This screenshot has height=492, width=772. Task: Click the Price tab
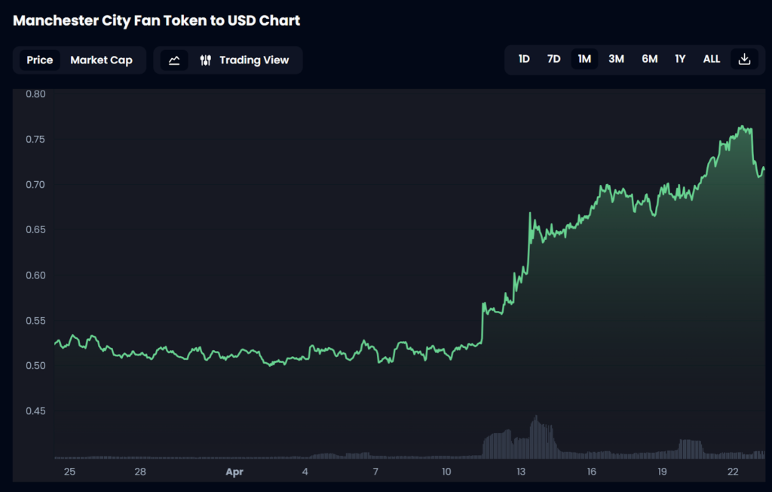click(x=40, y=60)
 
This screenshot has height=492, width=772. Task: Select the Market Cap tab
click(x=101, y=60)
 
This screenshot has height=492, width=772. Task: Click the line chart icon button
click(x=174, y=60)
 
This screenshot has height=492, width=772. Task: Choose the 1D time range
click(x=524, y=59)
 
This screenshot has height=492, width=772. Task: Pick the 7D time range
click(x=553, y=59)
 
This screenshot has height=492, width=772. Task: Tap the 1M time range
click(x=584, y=59)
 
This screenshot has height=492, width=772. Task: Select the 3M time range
click(x=616, y=59)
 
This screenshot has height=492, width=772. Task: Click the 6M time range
click(x=649, y=59)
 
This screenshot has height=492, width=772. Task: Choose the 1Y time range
click(x=680, y=59)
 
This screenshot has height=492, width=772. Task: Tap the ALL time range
click(x=711, y=59)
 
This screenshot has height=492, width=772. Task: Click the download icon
click(x=744, y=59)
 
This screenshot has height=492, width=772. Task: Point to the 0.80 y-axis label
click(x=35, y=94)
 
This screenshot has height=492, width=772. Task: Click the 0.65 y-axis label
click(x=35, y=230)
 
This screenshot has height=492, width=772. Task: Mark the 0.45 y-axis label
click(x=35, y=411)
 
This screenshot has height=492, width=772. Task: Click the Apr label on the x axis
click(x=235, y=472)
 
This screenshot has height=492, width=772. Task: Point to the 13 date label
click(x=521, y=472)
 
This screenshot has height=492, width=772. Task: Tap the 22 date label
click(x=733, y=472)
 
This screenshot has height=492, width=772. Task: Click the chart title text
click(x=157, y=20)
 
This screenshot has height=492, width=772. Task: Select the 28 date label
click(x=140, y=472)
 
